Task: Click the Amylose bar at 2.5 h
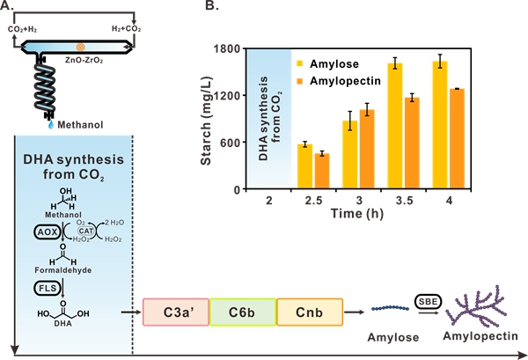click(304, 167)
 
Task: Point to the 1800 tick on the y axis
click(232, 48)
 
